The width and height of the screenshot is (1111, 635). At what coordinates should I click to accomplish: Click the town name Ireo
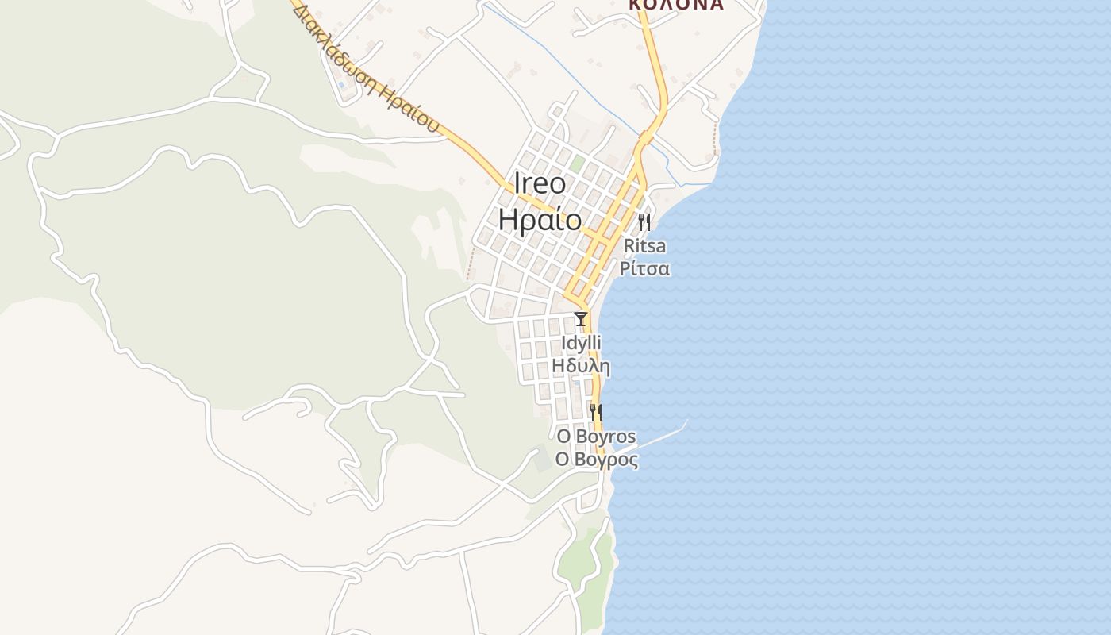click(540, 184)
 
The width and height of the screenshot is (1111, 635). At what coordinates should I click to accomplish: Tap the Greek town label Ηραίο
click(540, 219)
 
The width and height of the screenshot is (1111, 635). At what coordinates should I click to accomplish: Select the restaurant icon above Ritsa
click(644, 221)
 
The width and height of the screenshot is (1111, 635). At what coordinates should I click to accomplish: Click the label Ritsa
click(644, 245)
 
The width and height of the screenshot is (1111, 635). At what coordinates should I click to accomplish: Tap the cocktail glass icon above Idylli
click(581, 319)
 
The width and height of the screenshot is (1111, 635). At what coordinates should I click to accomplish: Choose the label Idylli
click(581, 343)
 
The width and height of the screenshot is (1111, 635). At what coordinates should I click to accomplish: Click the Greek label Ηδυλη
click(581, 366)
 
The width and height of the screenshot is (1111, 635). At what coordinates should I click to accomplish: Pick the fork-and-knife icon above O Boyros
click(595, 412)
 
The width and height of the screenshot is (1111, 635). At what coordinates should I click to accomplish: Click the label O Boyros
click(596, 437)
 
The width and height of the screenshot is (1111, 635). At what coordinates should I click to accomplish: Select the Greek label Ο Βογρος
click(596, 460)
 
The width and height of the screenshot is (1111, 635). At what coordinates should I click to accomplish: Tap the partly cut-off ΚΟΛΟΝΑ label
click(676, 5)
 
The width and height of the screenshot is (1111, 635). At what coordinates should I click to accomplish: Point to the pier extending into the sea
click(659, 437)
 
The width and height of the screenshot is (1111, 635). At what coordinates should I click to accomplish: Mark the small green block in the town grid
click(578, 164)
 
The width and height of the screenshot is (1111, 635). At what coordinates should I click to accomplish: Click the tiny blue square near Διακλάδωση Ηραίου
click(341, 84)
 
